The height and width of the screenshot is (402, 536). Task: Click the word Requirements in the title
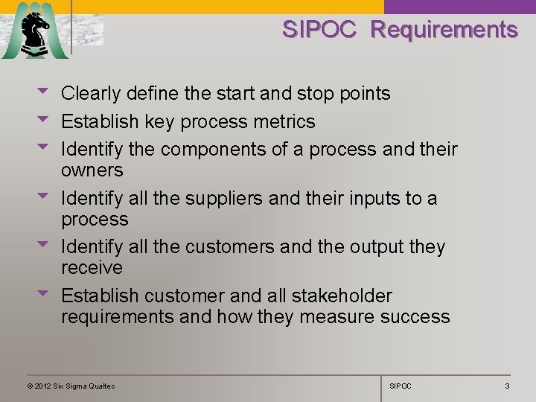click(x=444, y=30)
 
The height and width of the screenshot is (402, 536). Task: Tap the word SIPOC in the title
click(x=319, y=30)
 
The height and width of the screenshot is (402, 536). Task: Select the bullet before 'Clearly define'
click(x=43, y=92)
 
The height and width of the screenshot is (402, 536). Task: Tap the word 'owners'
click(x=92, y=170)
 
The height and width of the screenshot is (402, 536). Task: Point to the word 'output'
click(x=364, y=247)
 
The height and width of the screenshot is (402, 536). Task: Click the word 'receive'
click(x=92, y=267)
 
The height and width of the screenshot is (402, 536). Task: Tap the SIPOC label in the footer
click(x=401, y=386)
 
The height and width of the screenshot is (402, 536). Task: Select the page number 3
click(x=507, y=386)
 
